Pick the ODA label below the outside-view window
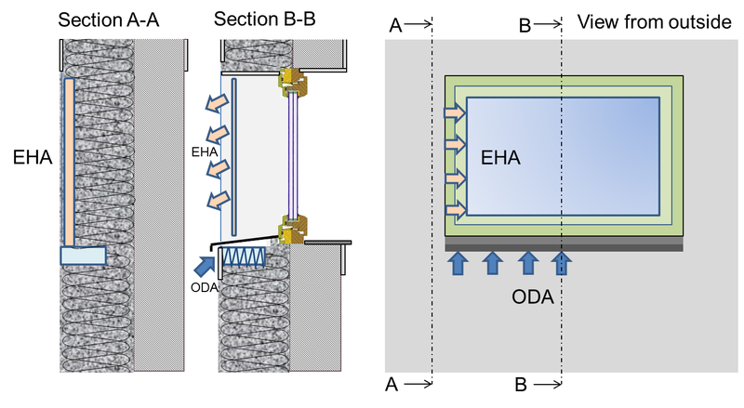(x=534, y=298)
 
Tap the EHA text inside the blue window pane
(x=499, y=158)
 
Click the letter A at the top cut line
(x=396, y=25)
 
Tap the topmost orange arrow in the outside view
(x=456, y=112)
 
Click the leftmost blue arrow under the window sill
(x=458, y=264)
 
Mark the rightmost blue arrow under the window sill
(x=561, y=264)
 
